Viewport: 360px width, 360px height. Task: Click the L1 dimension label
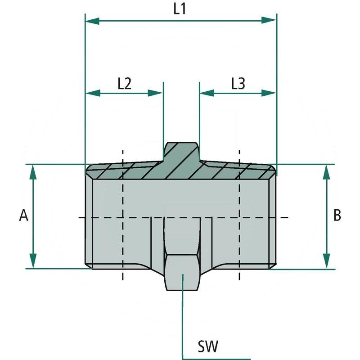180,10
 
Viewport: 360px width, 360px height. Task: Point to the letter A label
24,216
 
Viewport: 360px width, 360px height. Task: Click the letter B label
337,216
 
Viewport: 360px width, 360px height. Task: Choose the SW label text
208,346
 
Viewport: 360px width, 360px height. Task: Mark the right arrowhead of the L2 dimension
156,93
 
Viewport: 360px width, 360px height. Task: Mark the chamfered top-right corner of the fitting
273,170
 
